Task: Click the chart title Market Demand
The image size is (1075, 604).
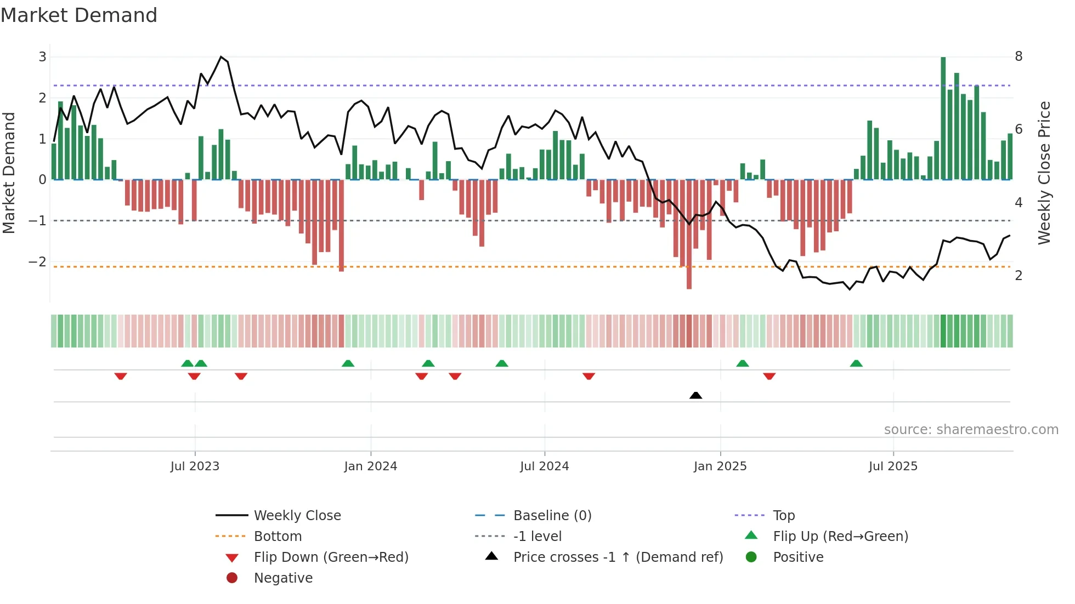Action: pyautogui.click(x=79, y=15)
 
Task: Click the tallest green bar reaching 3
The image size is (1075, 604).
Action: pyautogui.click(x=943, y=118)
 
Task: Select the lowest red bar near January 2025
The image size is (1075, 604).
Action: pyautogui.click(x=689, y=236)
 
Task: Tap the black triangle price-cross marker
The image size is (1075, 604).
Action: pyautogui.click(x=695, y=395)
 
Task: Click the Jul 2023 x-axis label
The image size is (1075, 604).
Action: pyautogui.click(x=195, y=466)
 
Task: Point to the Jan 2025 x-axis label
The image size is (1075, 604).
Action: pyautogui.click(x=720, y=466)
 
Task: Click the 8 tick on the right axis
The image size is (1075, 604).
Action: pyautogui.click(x=1019, y=56)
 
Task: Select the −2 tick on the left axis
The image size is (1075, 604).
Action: pyautogui.click(x=37, y=262)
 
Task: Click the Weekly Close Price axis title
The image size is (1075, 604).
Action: pyautogui.click(x=1044, y=173)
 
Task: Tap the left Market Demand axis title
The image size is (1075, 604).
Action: pyautogui.click(x=9, y=173)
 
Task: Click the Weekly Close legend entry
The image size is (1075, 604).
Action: pyautogui.click(x=297, y=516)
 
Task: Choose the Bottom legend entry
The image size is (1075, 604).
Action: pyautogui.click(x=278, y=537)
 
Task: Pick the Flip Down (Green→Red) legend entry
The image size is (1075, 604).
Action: pyautogui.click(x=331, y=557)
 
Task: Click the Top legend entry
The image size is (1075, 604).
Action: pyautogui.click(x=784, y=516)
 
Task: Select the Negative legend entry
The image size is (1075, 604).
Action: pyautogui.click(x=283, y=578)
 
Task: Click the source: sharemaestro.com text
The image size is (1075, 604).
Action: pyautogui.click(x=971, y=430)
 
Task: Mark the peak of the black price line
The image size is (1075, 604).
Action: pyautogui.click(x=221, y=57)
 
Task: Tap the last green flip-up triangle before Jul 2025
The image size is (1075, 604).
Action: pyautogui.click(x=856, y=363)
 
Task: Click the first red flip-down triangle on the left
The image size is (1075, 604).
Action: pyautogui.click(x=121, y=376)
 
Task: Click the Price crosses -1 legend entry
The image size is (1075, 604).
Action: pyautogui.click(x=618, y=557)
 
